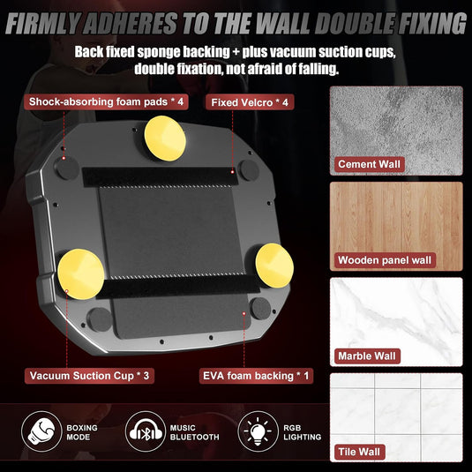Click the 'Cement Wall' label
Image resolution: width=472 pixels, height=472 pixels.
pos(370,164)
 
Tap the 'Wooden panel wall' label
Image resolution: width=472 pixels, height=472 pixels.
pos(385,260)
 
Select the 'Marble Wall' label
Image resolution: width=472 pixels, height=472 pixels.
pos(367,356)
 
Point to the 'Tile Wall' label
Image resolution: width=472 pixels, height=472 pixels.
pos(359,452)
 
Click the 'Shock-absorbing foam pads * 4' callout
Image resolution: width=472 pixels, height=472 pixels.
pos(106,101)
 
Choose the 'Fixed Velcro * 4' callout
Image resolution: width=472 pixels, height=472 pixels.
pos(250,102)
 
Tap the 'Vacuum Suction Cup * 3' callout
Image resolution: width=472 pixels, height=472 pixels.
pos(89,376)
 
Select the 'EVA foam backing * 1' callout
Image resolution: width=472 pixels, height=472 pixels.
pos(256,376)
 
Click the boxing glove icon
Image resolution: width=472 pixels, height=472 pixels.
pos(41,431)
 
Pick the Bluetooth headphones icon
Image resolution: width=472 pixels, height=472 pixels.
pos(146,431)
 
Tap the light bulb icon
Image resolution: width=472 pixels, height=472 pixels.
pos(258,431)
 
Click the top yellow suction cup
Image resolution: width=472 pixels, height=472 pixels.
pos(165,139)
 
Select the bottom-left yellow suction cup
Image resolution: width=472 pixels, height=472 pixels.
pos(81,273)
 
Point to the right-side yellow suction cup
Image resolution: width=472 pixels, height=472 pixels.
pos(274,266)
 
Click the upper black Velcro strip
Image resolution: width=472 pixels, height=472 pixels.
pos(161,177)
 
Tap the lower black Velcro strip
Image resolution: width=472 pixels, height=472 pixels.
pos(178,287)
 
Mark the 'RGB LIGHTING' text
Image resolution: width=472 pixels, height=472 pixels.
pos(303,432)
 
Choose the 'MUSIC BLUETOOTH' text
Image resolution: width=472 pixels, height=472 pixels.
pos(194,432)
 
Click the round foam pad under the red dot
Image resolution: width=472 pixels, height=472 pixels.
pos(67,168)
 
